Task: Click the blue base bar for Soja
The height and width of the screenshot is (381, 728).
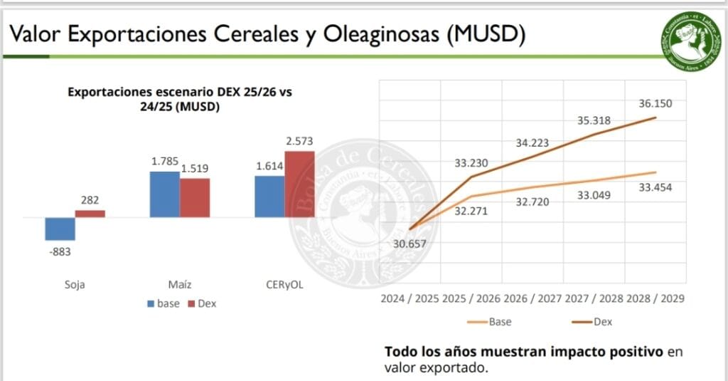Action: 60,229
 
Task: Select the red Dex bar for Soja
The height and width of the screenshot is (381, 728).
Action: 90,213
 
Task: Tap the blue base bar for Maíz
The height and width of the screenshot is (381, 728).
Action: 164,194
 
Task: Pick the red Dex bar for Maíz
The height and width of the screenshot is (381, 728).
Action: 194,197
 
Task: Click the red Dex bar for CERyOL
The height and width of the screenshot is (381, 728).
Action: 299,184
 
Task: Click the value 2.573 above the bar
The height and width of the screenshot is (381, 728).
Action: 299,141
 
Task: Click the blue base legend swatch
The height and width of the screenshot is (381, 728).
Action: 151,303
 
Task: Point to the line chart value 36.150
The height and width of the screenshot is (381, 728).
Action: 655,103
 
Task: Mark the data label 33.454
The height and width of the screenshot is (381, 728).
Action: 655,187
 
